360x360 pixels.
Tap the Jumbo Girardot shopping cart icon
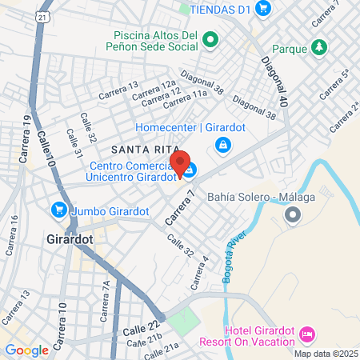(58, 210)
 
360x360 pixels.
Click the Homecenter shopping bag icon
(223, 145)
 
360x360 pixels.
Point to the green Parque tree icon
(319, 48)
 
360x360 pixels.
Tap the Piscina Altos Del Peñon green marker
(210, 38)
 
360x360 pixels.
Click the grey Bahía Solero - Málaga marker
(293, 214)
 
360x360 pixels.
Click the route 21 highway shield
(42, 16)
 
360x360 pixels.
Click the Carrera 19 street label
(25, 133)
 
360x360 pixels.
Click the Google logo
(26, 350)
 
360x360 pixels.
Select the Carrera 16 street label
(11, 239)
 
